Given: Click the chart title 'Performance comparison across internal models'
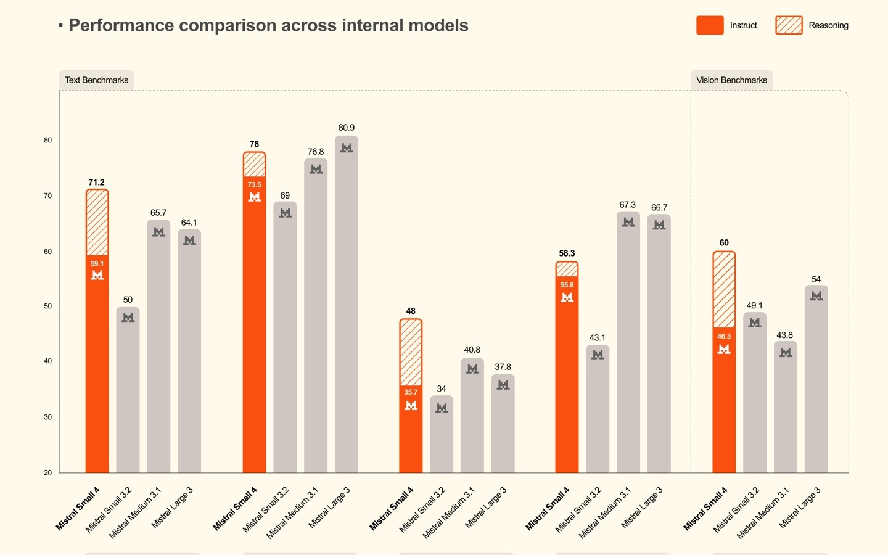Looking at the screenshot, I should pos(268,25).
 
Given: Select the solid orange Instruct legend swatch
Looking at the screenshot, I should pos(710,25).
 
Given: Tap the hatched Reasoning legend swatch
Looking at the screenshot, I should pos(789,25).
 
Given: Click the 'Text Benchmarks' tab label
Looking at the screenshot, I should pos(97,80).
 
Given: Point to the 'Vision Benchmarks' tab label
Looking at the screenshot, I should pos(731,80).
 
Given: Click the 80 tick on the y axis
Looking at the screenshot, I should pos(48,141).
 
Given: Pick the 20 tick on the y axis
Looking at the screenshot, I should pos(48,473).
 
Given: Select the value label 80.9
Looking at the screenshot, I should pos(347,128).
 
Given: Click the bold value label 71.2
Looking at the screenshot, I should pos(96,183).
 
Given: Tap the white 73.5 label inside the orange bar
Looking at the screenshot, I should pos(254,185).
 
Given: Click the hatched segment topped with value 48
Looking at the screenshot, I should pos(411,352).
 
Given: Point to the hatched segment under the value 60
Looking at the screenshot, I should pos(724,289).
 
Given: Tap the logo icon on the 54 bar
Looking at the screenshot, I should pos(816,296).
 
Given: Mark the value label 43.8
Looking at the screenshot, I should pos(784,335).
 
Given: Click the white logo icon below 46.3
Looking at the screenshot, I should pos(724,350).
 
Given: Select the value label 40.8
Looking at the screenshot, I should pos(472,350).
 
